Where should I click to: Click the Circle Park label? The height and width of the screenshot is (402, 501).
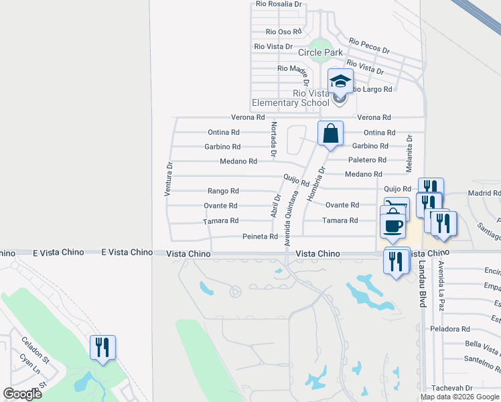click(320, 52)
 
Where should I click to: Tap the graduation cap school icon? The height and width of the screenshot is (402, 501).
click(340, 81)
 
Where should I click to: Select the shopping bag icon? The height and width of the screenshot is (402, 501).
click(331, 133)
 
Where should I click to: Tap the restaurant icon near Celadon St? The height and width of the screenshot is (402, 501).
click(103, 348)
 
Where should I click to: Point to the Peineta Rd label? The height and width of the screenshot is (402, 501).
click(260, 237)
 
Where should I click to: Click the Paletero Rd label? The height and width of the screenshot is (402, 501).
click(367, 160)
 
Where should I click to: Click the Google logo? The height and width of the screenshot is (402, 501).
click(22, 394)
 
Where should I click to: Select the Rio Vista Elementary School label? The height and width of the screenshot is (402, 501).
click(291, 98)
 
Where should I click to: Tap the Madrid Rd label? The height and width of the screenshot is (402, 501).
click(484, 193)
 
